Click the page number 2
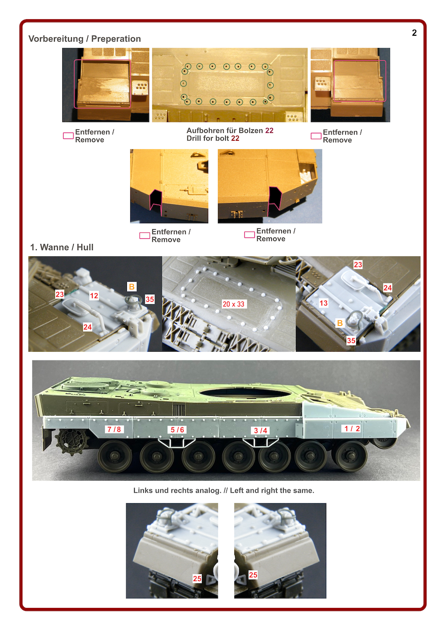tap(414, 33)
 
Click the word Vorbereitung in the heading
tap(56, 39)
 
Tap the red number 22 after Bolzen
tap(269, 130)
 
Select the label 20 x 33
tap(233, 304)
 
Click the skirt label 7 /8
tap(114, 429)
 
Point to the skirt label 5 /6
tap(177, 429)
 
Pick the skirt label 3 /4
tap(260, 430)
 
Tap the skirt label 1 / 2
tap(352, 428)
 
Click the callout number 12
tap(94, 295)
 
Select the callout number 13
tap(323, 303)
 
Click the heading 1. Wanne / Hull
tap(62, 247)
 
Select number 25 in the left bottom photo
tap(197, 578)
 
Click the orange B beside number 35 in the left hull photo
tap(132, 286)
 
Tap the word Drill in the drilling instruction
tap(193, 138)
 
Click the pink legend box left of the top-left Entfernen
tap(68, 136)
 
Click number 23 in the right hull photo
tap(358, 265)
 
